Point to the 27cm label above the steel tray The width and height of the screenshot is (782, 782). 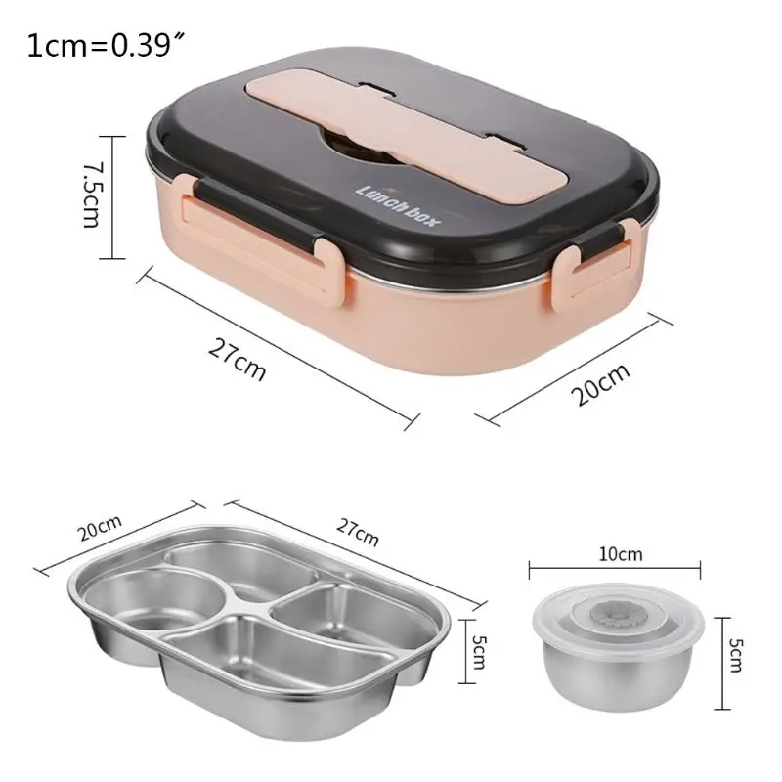point(358,534)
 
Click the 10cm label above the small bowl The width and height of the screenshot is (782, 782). point(621,554)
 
